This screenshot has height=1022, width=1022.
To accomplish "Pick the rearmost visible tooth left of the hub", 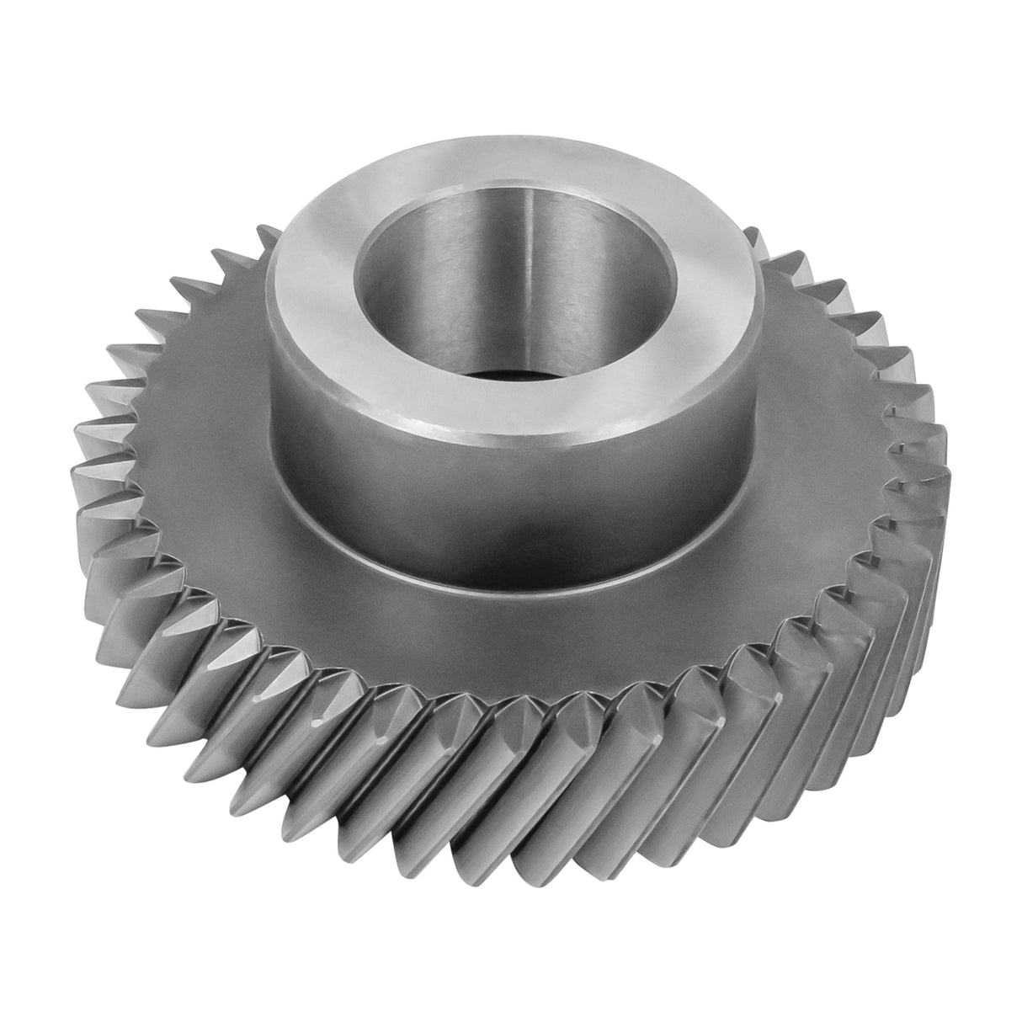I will [268, 240].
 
